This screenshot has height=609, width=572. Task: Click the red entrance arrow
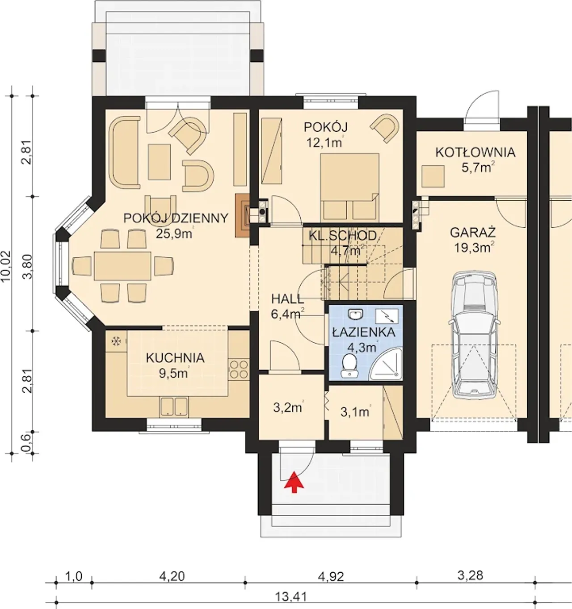pyautogui.click(x=294, y=483)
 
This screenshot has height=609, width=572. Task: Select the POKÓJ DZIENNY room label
pyautogui.click(x=176, y=218)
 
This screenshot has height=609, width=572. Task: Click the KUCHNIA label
pyautogui.click(x=175, y=358)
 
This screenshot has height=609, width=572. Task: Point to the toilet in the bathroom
pyautogui.click(x=349, y=365)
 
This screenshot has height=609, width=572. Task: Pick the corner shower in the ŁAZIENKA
pyautogui.click(x=386, y=365)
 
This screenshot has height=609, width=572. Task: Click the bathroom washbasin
pyautogui.click(x=355, y=314)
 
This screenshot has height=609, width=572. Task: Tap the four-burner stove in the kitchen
pyautogui.click(x=239, y=370)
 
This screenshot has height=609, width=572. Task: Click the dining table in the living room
pyautogui.click(x=122, y=266)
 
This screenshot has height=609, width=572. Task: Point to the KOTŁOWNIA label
pyautogui.click(x=475, y=152)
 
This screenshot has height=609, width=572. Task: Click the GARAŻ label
pyautogui.click(x=473, y=233)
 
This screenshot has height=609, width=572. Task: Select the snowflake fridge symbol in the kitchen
pyautogui.click(x=116, y=341)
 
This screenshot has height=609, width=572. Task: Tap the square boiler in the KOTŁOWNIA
pyautogui.click(x=433, y=176)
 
